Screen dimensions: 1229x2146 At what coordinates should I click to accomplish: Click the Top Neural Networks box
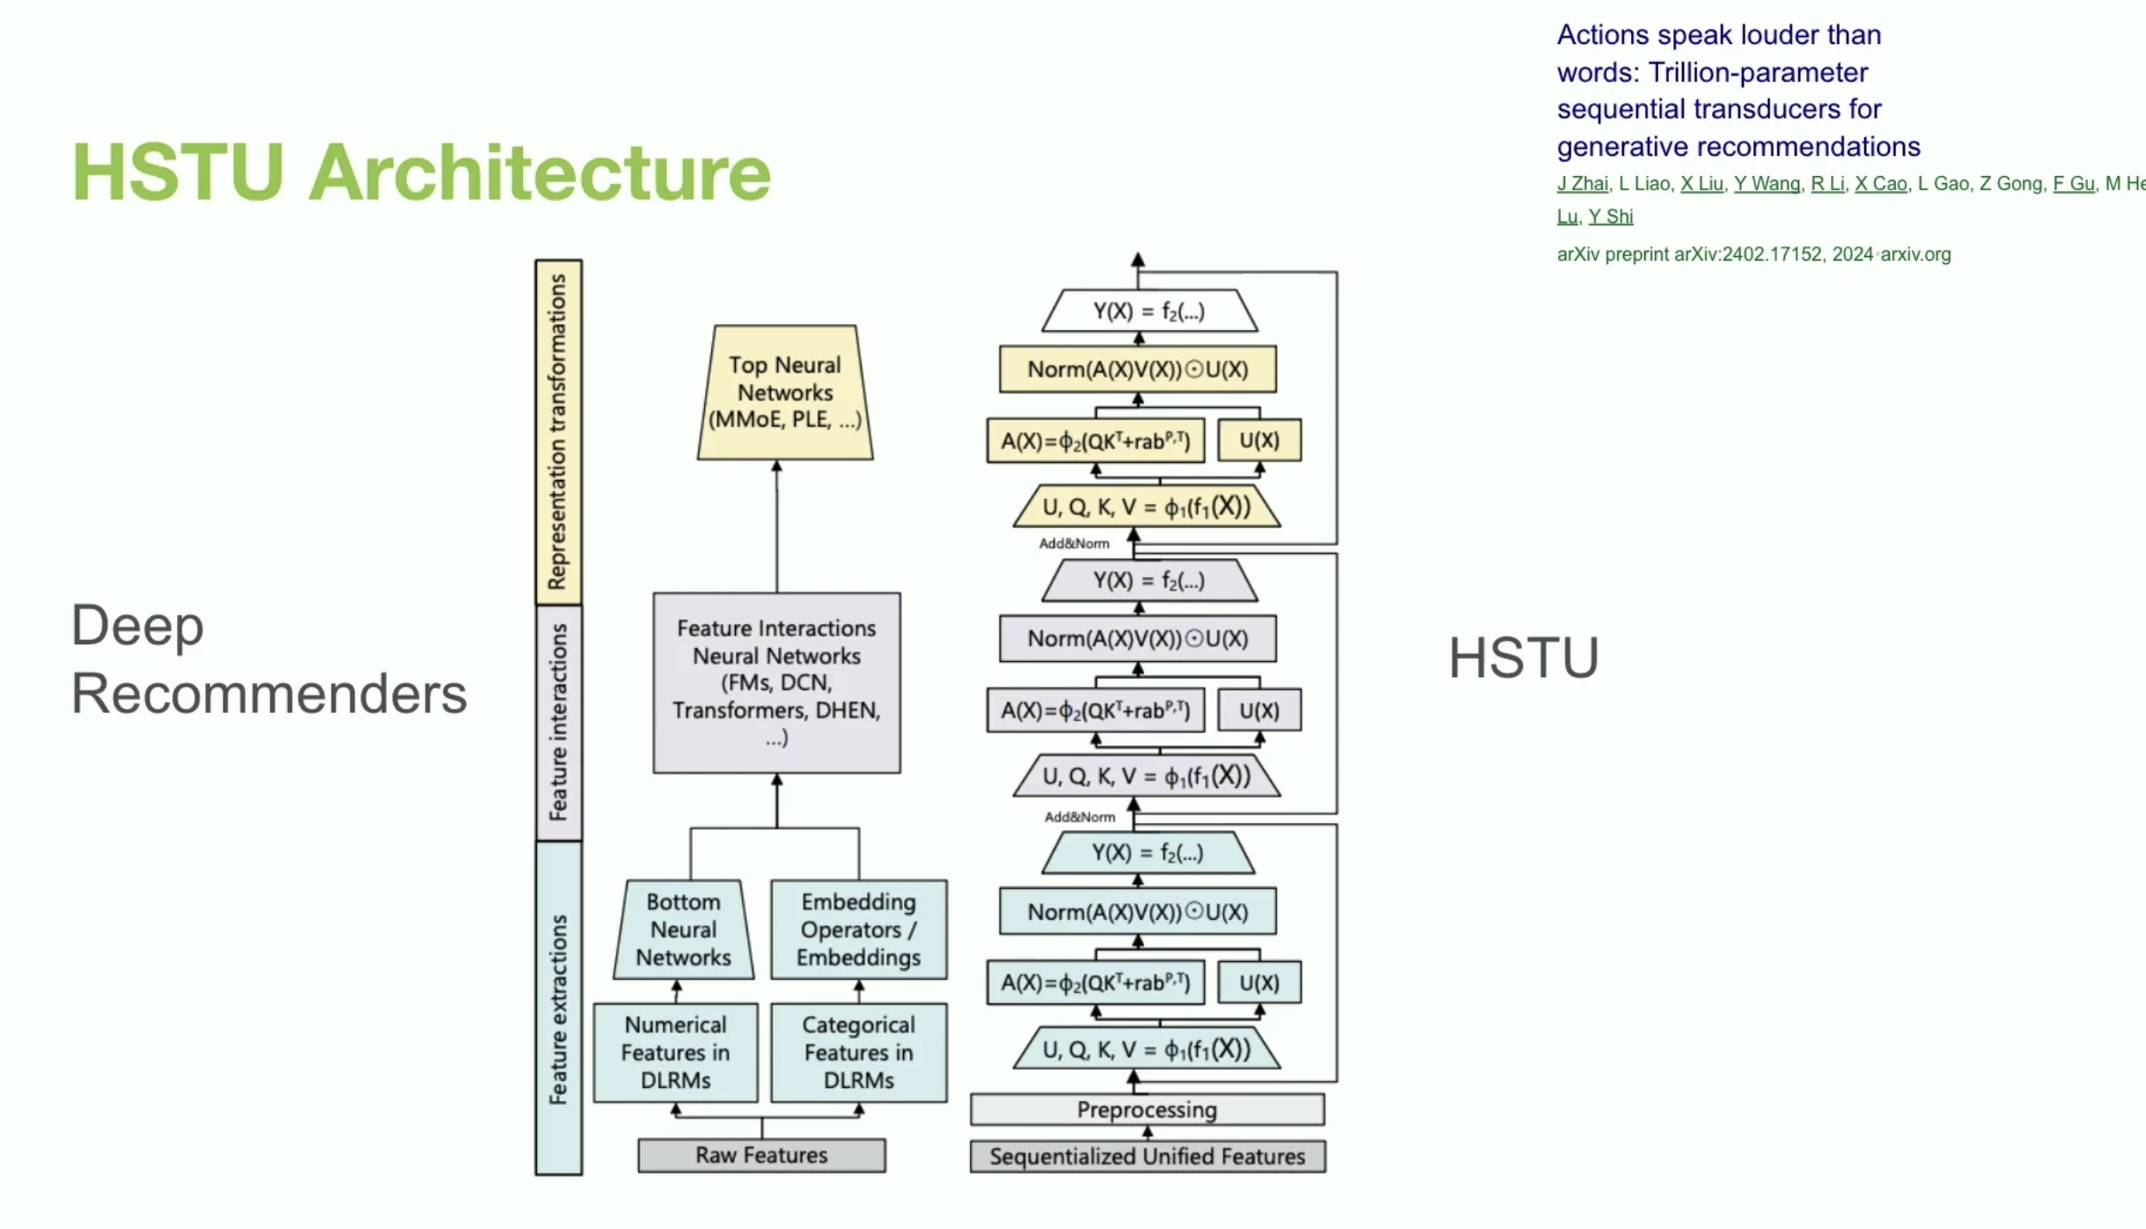click(x=784, y=393)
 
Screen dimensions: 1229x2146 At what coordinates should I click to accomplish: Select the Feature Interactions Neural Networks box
click(x=776, y=682)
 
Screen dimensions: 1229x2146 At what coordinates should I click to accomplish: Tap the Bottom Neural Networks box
click(x=683, y=930)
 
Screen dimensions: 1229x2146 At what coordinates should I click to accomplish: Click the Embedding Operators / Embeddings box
click(x=858, y=930)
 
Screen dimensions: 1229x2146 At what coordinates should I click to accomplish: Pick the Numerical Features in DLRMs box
click(x=675, y=1052)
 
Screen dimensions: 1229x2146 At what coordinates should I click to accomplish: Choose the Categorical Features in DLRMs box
click(x=858, y=1052)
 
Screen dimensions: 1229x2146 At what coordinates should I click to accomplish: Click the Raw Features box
click(x=761, y=1155)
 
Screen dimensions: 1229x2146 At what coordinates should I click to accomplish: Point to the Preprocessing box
click(x=1147, y=1109)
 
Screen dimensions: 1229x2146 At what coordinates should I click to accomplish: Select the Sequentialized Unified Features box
click(x=1147, y=1156)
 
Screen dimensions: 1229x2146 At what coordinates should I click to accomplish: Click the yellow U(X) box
click(x=1259, y=440)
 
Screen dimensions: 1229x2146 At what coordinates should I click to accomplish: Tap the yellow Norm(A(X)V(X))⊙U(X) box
click(x=1137, y=369)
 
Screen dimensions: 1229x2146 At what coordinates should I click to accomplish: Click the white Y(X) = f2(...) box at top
click(x=1149, y=311)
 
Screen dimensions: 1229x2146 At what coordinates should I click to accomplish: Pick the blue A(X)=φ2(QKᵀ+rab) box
click(x=1095, y=982)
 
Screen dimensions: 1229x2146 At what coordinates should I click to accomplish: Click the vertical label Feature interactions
click(x=558, y=722)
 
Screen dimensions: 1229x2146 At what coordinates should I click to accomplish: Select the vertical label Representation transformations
click(x=558, y=431)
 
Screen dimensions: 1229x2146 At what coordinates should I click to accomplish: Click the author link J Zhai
click(x=1582, y=183)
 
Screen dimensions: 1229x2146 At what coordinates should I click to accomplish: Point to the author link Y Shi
click(x=1610, y=217)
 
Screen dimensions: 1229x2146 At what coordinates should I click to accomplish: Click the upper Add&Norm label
click(x=1074, y=543)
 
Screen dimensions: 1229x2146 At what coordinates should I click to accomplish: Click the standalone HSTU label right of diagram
click(x=1523, y=658)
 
